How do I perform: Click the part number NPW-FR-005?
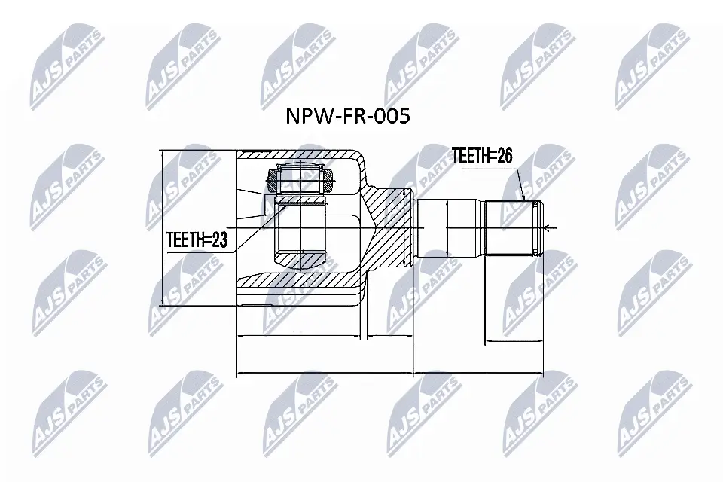click(347, 117)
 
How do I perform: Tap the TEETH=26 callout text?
click(481, 157)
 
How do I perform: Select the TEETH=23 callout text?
click(197, 240)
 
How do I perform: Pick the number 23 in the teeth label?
click(218, 240)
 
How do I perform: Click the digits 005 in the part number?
click(392, 117)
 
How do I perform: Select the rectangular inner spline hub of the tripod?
click(300, 226)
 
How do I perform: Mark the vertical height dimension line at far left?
click(162, 228)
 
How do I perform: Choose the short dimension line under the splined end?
click(512, 341)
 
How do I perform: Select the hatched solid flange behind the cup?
click(392, 226)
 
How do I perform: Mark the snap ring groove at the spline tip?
click(537, 228)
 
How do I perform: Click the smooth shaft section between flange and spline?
click(449, 228)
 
